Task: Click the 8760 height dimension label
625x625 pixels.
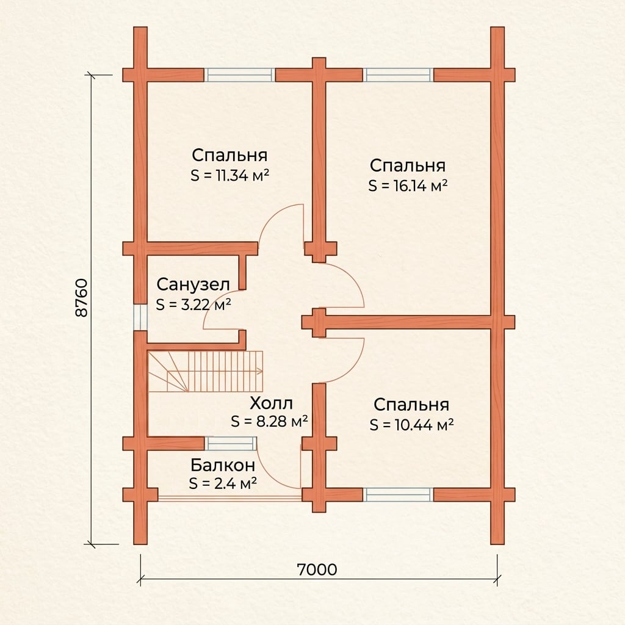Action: point(81,298)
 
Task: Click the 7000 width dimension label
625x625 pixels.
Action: point(317,569)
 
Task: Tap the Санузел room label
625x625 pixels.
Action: point(193,284)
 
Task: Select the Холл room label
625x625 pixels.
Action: point(271,403)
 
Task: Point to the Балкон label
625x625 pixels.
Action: point(222,464)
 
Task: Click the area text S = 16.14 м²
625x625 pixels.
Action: point(408,186)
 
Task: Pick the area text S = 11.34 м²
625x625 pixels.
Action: point(230,175)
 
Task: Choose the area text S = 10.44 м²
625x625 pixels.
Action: point(412,425)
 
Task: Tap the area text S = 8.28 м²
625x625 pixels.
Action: point(269,421)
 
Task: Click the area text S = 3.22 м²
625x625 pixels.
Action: point(193,305)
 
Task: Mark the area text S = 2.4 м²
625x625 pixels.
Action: point(223,483)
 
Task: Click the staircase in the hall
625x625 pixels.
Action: point(205,372)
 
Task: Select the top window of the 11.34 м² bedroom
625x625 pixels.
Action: point(239,75)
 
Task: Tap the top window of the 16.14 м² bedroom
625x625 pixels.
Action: point(398,75)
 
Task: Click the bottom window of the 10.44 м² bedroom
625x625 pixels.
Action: point(398,494)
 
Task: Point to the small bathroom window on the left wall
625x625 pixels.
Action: point(140,317)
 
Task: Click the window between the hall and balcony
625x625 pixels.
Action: point(230,444)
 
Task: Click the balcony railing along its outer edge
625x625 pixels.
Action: point(229,497)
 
